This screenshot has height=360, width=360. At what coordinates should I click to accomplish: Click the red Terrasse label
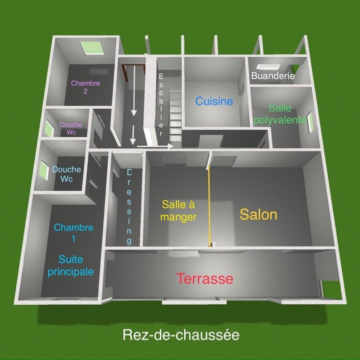(x=204, y=278)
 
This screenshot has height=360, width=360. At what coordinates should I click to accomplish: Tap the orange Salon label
(x=258, y=214)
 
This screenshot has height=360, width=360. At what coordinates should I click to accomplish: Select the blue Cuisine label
(x=214, y=101)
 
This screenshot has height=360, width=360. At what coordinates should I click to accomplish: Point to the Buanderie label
(x=273, y=75)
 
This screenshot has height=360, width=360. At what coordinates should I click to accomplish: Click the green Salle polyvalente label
(x=280, y=114)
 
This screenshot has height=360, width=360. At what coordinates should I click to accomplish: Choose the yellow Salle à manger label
(x=178, y=210)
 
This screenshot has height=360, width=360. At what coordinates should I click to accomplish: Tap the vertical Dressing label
(x=129, y=206)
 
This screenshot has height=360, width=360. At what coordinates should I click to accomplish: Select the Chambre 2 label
(x=85, y=87)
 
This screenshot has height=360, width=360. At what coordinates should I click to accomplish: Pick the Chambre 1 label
(x=74, y=233)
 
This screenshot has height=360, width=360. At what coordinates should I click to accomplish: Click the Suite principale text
(x=70, y=265)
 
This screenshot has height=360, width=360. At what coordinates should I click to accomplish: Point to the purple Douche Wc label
(x=71, y=128)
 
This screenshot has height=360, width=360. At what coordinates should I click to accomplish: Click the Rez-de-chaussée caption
(x=181, y=335)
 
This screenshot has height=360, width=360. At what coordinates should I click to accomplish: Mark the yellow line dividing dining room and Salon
(x=209, y=206)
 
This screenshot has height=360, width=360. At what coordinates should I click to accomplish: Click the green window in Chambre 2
(x=92, y=47)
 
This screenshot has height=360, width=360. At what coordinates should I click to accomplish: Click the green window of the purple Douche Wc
(x=49, y=127)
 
